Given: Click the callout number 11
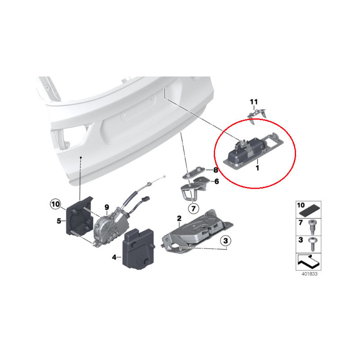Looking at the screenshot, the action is tap(254, 102).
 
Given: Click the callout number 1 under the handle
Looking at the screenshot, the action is tap(257, 168).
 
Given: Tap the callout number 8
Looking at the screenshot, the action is tap(216, 170).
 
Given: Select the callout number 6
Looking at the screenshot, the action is tap(216, 182).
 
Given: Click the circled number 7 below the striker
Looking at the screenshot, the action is tap(193, 208).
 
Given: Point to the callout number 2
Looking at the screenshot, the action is tap(179, 218).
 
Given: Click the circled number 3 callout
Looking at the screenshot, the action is tap(225, 241).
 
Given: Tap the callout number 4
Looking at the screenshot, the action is tap(114, 257).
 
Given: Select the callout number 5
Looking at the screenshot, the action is tap(59, 221).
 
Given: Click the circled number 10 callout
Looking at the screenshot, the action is tap(55, 204).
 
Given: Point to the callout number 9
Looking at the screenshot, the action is tap(107, 207).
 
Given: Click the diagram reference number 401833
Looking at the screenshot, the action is tap(309, 274).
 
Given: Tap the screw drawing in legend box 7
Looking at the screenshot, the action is tap(312, 227).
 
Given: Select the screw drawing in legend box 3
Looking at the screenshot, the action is tap(312, 244).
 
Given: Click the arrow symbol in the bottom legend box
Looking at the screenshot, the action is tap(308, 262).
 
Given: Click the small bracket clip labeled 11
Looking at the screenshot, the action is tap(256, 116).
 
